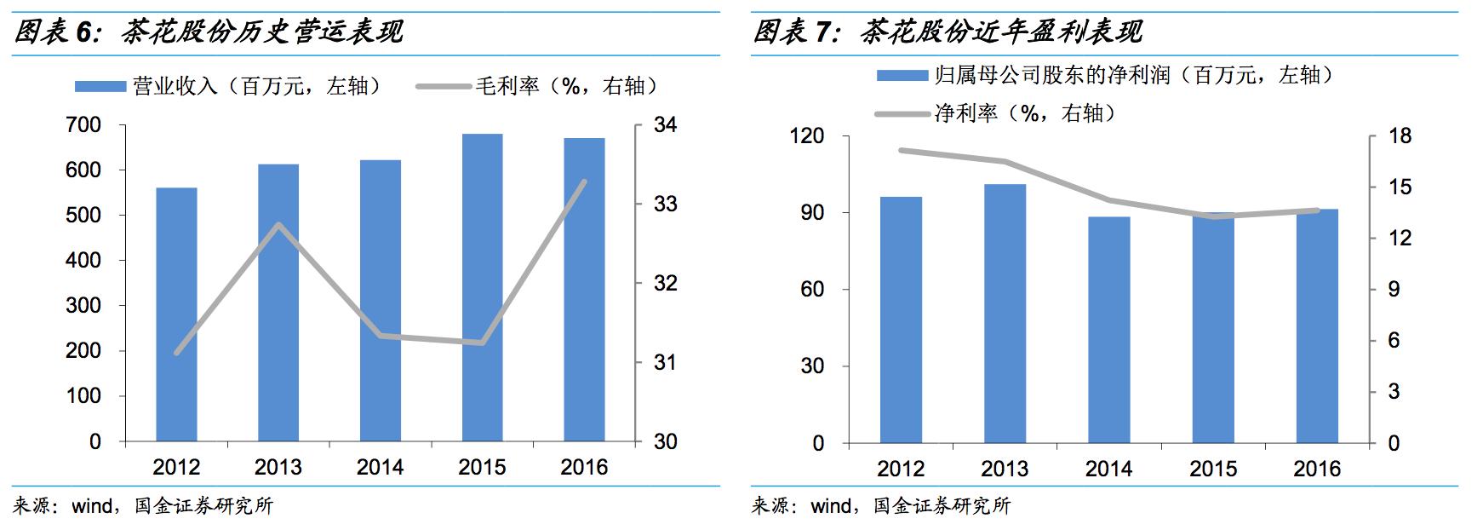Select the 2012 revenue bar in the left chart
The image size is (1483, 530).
tap(176, 314)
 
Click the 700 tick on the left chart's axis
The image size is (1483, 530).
tap(83, 125)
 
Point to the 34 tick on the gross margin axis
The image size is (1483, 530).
tap(666, 125)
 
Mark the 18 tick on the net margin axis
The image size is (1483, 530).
tap(1400, 136)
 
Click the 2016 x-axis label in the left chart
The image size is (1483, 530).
tap(584, 467)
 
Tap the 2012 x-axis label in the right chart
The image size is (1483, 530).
tap(901, 469)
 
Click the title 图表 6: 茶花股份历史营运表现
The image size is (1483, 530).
tap(209, 32)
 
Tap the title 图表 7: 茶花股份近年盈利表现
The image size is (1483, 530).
tap(948, 32)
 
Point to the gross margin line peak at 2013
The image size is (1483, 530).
tap(278, 224)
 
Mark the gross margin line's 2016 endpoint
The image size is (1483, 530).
tap(584, 181)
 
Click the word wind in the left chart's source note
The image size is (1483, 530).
tap(91, 506)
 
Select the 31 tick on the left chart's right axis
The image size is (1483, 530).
tap(666, 363)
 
